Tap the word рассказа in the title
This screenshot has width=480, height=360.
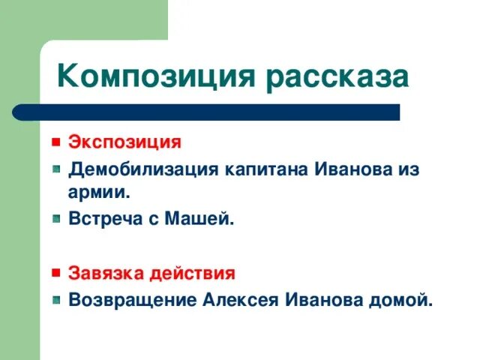(336, 78)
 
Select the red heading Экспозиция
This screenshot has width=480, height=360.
(125, 141)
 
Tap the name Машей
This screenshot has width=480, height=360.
(202, 220)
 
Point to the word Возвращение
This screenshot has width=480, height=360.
(132, 300)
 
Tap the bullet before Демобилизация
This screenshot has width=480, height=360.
(56, 169)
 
